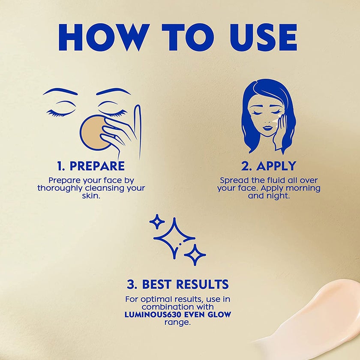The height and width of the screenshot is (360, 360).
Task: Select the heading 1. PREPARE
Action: tap(91, 166)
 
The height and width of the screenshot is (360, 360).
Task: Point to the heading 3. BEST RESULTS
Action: tap(178, 284)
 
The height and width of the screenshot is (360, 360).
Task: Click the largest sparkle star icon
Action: tap(174, 238)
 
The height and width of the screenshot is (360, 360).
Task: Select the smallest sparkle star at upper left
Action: tap(157, 222)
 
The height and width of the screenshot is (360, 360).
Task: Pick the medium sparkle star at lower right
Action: tap(195, 255)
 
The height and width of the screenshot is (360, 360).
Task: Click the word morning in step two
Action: tap(303, 188)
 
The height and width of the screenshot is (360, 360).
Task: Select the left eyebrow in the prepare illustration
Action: tap(60, 91)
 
